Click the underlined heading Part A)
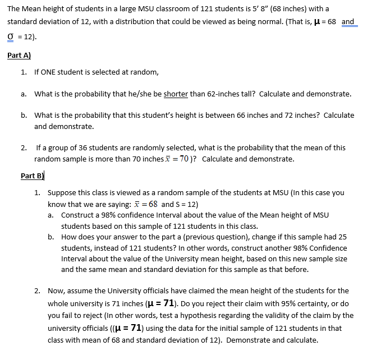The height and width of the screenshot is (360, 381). (x=19, y=56)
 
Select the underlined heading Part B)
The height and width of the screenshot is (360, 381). (x=32, y=176)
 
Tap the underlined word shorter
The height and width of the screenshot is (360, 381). (x=176, y=94)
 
